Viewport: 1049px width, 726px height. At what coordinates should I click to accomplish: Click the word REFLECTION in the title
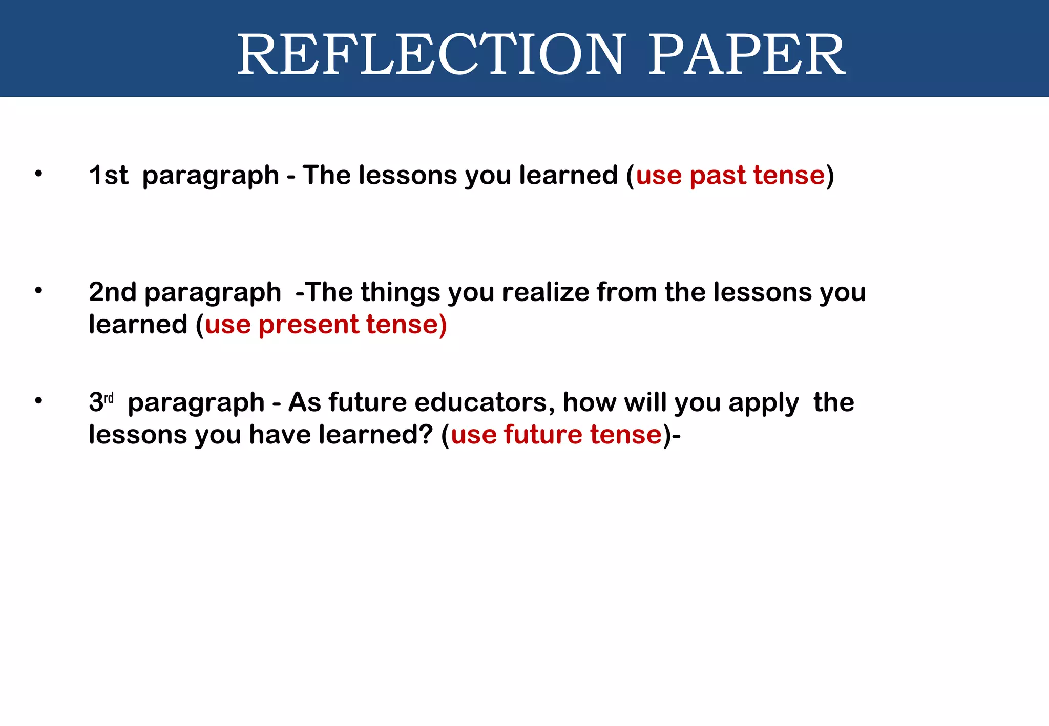coord(430,54)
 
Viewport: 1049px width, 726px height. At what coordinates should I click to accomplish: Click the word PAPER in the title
coord(747,54)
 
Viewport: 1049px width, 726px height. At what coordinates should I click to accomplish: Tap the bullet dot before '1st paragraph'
coord(38,174)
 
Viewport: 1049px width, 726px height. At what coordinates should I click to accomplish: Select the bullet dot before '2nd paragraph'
coord(38,290)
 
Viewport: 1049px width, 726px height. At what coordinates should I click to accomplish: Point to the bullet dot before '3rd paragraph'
coord(38,400)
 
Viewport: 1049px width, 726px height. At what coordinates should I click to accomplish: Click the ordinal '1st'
coord(108,175)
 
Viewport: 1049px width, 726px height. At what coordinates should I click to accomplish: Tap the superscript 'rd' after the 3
coord(109,398)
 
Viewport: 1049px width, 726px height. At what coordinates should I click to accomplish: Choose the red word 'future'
coord(543,435)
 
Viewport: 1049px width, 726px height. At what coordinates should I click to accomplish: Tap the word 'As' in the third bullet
coord(304,402)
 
